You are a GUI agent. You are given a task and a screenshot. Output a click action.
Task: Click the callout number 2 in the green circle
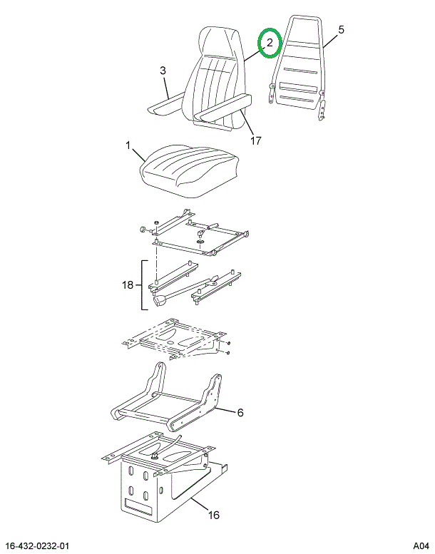pos(270,43)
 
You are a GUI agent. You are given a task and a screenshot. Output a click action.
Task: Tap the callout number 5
pos(341,30)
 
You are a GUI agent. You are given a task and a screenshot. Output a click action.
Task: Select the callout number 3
pos(163,71)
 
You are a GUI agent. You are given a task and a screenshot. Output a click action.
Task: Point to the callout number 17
pos(256,140)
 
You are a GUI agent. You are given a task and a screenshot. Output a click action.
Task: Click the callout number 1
pos(128,145)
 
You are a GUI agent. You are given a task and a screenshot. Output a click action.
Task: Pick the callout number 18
pos(128,284)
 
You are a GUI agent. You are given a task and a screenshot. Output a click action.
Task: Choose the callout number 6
pos(240,412)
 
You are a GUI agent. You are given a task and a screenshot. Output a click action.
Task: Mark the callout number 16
pos(213,515)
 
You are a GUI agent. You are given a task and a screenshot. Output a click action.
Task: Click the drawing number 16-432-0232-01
pos(38,546)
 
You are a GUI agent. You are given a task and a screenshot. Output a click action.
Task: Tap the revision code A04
pos(421,546)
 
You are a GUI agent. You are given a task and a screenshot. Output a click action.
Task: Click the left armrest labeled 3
pos(166,104)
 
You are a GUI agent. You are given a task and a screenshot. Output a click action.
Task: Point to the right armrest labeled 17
pos(222,107)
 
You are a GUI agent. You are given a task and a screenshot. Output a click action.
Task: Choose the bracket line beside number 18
pos(142,285)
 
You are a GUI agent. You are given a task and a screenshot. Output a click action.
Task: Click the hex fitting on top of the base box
pos(155,456)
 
